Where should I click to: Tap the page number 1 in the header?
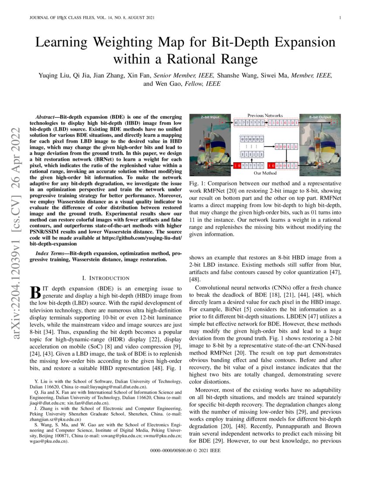tap(339, 17)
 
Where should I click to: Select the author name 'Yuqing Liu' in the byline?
tap(55, 75)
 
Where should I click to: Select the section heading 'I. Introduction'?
tap(106, 278)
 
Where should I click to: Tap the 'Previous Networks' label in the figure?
tap(265, 116)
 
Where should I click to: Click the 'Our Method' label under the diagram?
tap(265, 173)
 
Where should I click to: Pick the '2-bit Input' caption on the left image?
tap(210, 118)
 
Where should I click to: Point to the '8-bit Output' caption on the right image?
tap(319, 118)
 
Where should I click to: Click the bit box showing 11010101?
tap(283, 123)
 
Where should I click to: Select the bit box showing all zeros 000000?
tap(252, 139)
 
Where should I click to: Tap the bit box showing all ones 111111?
tap(252, 154)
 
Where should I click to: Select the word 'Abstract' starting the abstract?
tap(46, 118)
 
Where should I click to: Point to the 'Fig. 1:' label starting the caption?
tap(198, 184)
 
